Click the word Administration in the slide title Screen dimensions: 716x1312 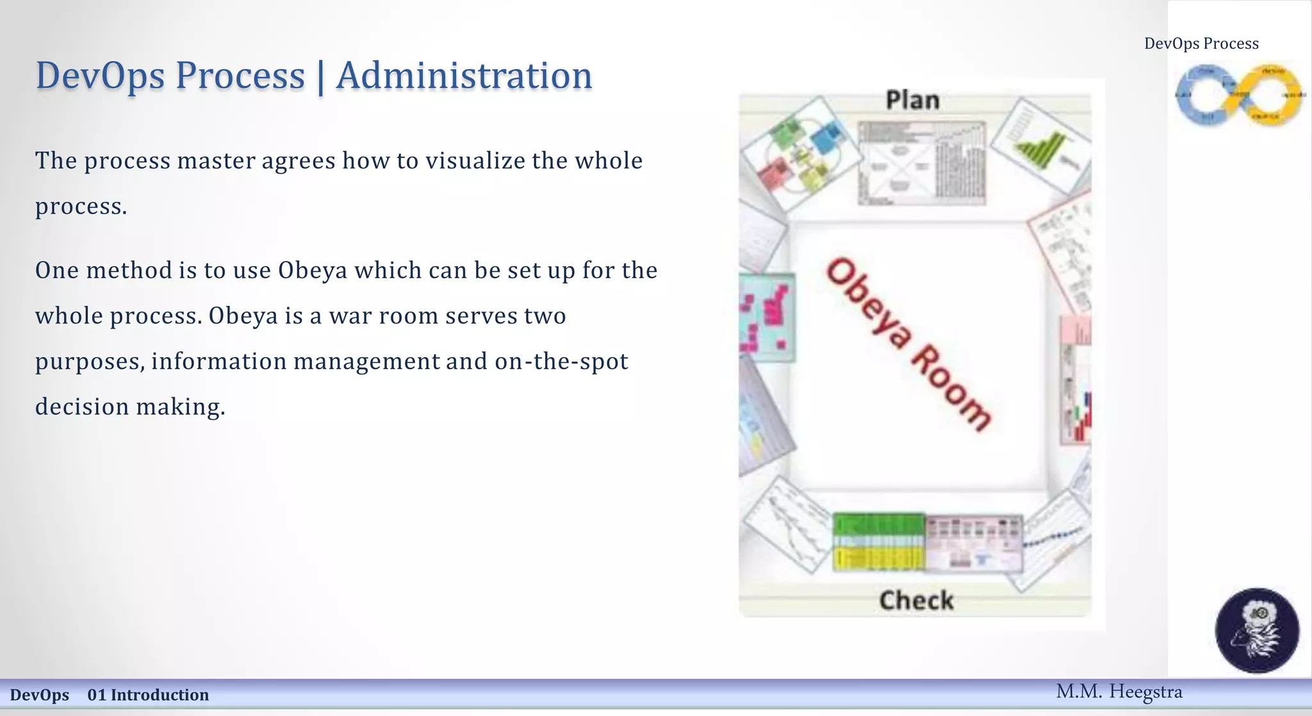point(464,76)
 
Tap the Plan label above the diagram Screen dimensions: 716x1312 point(912,101)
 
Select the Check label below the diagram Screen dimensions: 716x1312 point(916,601)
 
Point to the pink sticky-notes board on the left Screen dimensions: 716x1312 point(767,317)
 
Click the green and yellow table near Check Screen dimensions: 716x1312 point(878,542)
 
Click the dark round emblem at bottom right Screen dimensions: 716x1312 point(1257,630)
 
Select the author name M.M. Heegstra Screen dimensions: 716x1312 point(1119,692)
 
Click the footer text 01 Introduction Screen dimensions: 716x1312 point(148,695)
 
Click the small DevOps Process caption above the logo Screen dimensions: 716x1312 point(1201,44)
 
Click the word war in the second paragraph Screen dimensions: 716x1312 point(350,316)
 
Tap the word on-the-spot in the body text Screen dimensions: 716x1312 point(561,362)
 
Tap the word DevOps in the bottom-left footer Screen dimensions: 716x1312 point(40,695)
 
